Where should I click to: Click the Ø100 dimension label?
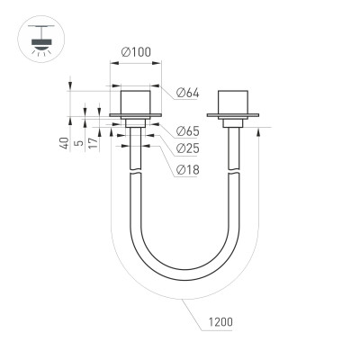tap(137, 50)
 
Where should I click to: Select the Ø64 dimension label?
tap(187, 92)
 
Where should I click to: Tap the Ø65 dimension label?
tap(187, 130)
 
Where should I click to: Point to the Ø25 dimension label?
tap(187, 148)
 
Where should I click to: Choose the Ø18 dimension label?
tap(187, 170)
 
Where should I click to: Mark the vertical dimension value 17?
tap(94, 143)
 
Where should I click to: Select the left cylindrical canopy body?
tap(137, 99)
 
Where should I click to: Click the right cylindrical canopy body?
tap(233, 99)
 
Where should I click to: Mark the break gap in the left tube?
tap(137, 174)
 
